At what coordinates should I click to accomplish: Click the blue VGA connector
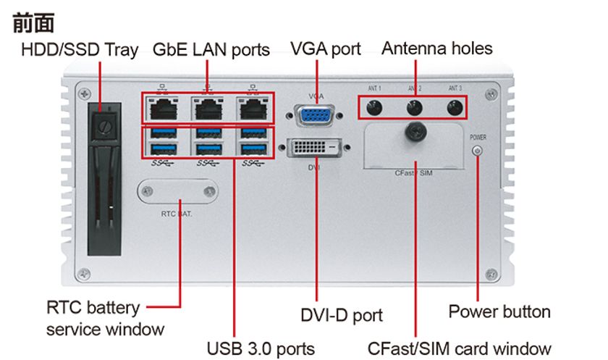click(x=315, y=116)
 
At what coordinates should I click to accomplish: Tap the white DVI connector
click(x=314, y=147)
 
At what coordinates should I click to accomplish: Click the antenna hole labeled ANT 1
click(x=373, y=107)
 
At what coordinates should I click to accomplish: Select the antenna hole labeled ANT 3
click(x=455, y=107)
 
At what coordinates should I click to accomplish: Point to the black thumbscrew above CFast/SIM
click(x=415, y=132)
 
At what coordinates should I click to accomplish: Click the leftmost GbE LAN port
click(x=164, y=108)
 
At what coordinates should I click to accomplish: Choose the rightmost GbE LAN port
click(x=253, y=108)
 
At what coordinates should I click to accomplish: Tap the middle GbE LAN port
click(x=208, y=108)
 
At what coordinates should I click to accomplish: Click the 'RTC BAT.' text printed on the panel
click(x=177, y=214)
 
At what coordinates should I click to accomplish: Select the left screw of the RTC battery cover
click(x=148, y=191)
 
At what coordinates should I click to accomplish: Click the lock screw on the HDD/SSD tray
click(x=105, y=126)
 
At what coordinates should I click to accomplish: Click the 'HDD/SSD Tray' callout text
click(x=80, y=51)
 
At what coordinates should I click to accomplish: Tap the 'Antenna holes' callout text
click(x=437, y=49)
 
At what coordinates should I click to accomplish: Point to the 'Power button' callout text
click(x=499, y=311)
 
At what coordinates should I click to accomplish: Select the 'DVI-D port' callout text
click(x=342, y=315)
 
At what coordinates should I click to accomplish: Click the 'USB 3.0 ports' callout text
click(x=261, y=348)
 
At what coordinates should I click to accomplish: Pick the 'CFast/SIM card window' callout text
click(x=459, y=348)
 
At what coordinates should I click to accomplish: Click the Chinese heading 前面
click(x=33, y=23)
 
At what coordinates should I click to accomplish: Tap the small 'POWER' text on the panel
click(x=478, y=138)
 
